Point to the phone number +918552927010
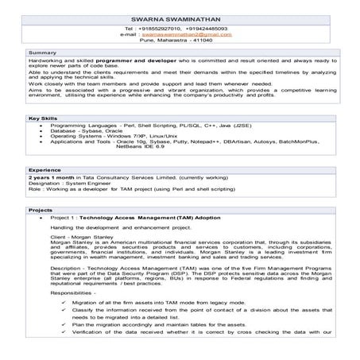(x=157, y=29)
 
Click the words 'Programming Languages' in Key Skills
(x=79, y=126)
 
